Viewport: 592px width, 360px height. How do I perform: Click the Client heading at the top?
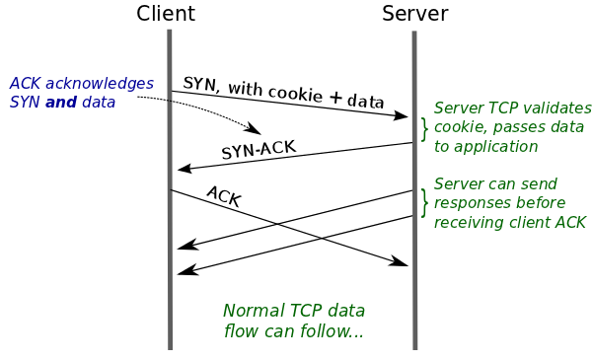tap(166, 14)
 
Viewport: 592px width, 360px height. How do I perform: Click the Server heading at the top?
tap(414, 14)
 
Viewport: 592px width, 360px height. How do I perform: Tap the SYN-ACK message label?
tap(259, 150)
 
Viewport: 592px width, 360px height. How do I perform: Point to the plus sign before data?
tap(335, 98)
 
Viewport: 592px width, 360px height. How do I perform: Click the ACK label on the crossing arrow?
tap(223, 195)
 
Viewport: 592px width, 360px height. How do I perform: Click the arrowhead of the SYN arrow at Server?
tap(401, 116)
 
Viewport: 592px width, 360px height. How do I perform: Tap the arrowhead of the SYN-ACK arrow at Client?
tap(184, 170)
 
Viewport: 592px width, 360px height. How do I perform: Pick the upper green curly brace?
tap(425, 128)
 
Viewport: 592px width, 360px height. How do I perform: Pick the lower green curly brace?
tap(425, 202)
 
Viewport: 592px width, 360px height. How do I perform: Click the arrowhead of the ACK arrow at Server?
tap(401, 262)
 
